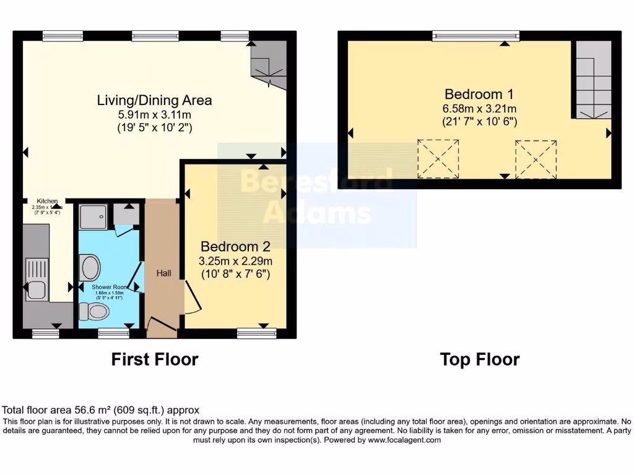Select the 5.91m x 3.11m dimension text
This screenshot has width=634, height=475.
[154, 114]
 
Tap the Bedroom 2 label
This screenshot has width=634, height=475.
[235, 246]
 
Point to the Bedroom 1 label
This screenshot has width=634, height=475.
[479, 94]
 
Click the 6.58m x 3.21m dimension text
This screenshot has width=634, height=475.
[479, 108]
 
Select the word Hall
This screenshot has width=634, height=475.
[163, 273]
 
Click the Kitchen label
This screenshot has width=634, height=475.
[47, 201]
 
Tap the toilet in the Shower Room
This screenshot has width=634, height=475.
[97, 311]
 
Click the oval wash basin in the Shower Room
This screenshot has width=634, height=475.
[91, 268]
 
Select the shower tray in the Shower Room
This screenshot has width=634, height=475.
[93, 216]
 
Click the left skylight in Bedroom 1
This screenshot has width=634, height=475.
[439, 159]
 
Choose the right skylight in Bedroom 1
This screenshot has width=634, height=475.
[536, 159]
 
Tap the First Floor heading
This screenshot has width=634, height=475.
[154, 359]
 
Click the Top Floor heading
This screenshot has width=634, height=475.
[479, 359]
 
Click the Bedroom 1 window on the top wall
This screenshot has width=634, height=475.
[475, 36]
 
